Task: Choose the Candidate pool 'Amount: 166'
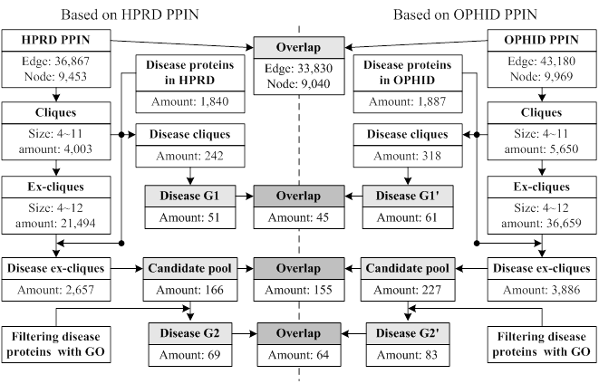click(189, 289)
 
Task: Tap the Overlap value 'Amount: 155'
click(299, 289)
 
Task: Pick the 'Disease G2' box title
click(189, 332)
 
